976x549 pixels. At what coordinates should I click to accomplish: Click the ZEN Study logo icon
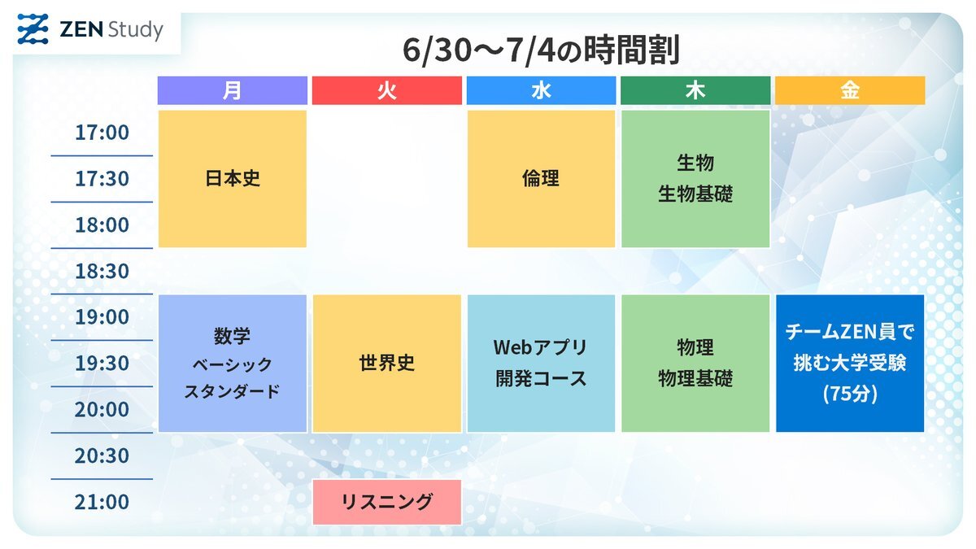tap(33, 29)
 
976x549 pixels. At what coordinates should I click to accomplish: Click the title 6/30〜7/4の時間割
tap(541, 50)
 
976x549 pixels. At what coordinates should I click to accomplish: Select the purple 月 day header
tap(233, 90)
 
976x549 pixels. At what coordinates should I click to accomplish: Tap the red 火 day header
tap(387, 90)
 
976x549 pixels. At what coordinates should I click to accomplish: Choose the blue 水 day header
tap(541, 90)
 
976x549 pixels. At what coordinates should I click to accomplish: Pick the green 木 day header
tap(695, 90)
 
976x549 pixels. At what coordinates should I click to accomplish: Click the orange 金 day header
tap(850, 90)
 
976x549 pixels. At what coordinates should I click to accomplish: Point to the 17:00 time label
tap(102, 133)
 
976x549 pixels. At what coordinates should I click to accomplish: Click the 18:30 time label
tap(102, 271)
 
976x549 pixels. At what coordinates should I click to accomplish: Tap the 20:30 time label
tap(102, 455)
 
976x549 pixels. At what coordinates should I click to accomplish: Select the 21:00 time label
tap(102, 502)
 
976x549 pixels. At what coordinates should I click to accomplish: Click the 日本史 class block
tap(233, 179)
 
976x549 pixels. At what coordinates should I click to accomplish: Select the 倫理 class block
tap(541, 179)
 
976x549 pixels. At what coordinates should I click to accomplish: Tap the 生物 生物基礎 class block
tap(695, 179)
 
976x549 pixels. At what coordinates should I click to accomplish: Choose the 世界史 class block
tap(387, 364)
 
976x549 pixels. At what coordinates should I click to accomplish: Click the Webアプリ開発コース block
tap(541, 364)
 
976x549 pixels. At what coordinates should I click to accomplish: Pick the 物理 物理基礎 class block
tap(695, 364)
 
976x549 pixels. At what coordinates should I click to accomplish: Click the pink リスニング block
tap(387, 502)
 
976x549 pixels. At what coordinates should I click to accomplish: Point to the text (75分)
tap(850, 394)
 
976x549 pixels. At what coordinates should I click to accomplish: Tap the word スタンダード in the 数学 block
tap(233, 391)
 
